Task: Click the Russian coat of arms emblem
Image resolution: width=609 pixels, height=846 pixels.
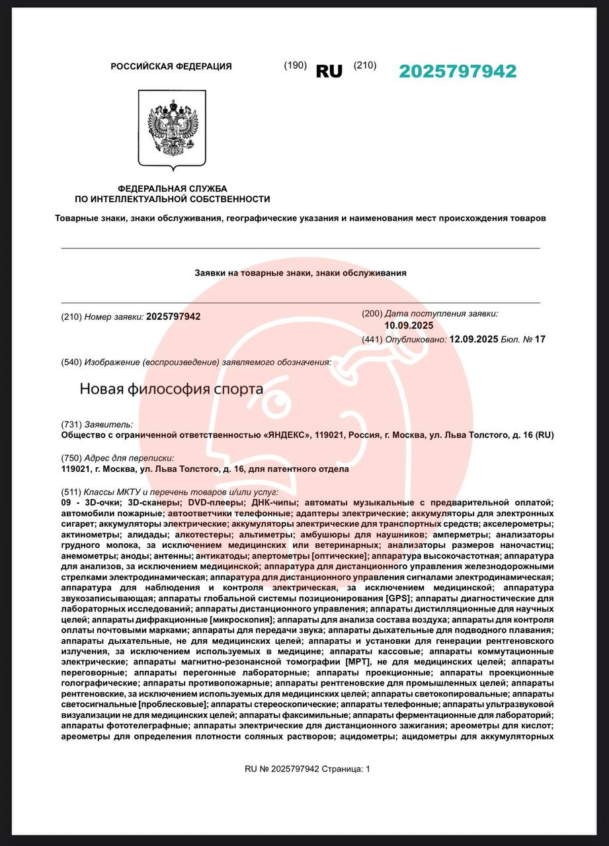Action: [172, 130]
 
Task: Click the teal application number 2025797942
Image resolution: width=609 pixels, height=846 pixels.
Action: [458, 71]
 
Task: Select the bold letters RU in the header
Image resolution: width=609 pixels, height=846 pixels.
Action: [329, 71]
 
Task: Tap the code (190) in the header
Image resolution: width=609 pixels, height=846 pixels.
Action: [295, 65]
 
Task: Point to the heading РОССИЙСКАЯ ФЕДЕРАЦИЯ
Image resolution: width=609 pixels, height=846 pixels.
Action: [171, 66]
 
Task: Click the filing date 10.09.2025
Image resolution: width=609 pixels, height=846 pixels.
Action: [409, 325]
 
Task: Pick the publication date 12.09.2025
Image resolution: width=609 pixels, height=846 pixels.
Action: [473, 339]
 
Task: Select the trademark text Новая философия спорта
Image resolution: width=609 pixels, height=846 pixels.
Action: [171, 389]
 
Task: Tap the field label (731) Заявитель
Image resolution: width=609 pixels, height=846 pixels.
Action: [97, 424]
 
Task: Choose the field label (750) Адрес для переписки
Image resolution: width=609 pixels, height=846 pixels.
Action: [117, 458]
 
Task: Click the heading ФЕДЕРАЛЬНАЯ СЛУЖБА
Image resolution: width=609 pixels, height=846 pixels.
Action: [172, 188]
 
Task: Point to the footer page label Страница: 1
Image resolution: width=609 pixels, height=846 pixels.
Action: [346, 769]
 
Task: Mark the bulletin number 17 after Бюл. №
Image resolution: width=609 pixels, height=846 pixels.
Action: [540, 339]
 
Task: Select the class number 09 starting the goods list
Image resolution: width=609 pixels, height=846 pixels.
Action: [66, 503]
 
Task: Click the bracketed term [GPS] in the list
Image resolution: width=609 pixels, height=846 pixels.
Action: [399, 598]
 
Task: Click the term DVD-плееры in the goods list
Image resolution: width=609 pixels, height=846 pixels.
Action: [211, 503]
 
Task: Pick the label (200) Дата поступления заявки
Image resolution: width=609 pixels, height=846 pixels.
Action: [430, 313]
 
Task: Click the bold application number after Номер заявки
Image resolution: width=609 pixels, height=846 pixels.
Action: [173, 317]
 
